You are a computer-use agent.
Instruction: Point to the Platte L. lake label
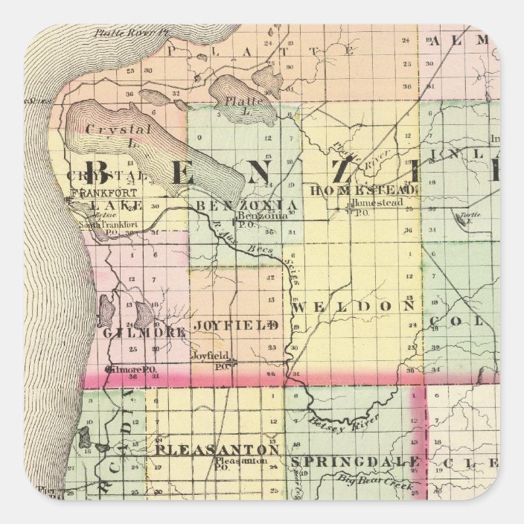tap(242, 102)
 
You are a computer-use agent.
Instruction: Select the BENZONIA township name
tap(248, 204)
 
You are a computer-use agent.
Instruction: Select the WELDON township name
tap(354, 306)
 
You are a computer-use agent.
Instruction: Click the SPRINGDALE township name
tap(356, 461)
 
